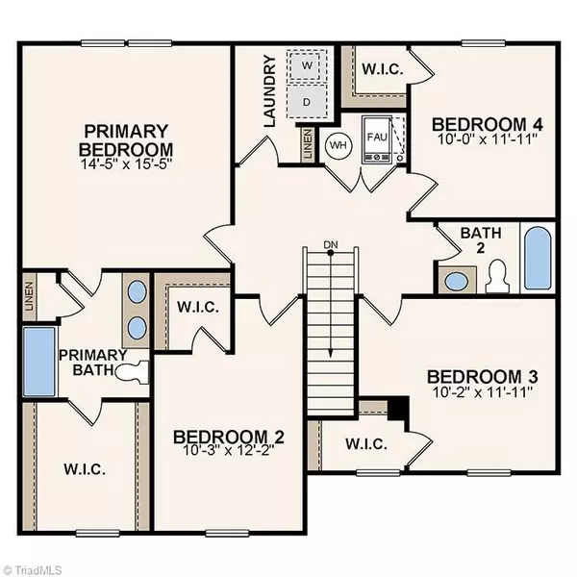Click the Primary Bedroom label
coord(127,140)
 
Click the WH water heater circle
coord(338,144)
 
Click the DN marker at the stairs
coord(331,242)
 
